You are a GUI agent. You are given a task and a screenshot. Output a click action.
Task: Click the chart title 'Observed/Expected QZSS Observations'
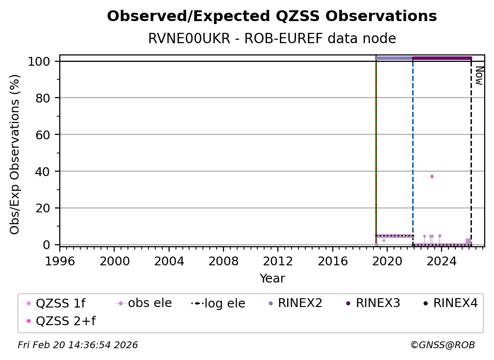point(272,16)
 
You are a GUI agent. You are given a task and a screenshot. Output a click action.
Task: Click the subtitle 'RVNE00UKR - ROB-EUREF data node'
point(272,39)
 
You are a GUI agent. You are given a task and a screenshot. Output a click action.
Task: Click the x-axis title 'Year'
point(272,279)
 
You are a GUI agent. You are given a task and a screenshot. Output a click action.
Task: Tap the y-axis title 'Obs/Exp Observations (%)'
point(15,154)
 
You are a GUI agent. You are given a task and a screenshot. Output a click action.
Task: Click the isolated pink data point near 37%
point(432,176)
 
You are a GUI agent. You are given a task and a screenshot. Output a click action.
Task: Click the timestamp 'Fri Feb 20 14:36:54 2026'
point(78,345)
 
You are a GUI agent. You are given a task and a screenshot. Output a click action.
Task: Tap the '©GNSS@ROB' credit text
point(443,345)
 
